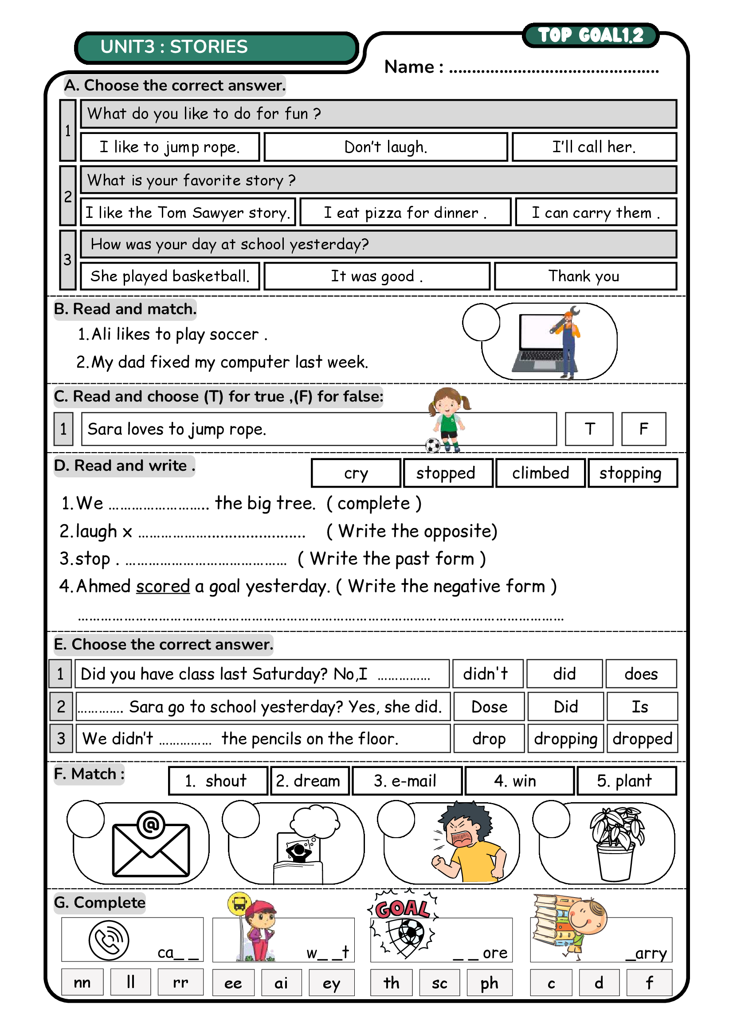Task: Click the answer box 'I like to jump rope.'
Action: pos(170,147)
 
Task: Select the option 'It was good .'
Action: pos(376,276)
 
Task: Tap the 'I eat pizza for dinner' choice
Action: pos(405,212)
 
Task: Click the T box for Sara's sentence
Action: pos(589,429)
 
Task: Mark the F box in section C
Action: pos(643,429)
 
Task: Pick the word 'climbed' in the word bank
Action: pos(540,473)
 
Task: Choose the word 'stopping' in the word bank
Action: pos(632,473)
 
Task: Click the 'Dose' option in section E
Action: pos(489,706)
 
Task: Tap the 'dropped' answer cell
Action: pos(642,739)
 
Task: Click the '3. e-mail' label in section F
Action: pos(406,780)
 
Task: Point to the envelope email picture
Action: pos(151,844)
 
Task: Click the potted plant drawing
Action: pos(615,843)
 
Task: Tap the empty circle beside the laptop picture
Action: pos(481,322)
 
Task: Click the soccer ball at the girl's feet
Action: pos(433,445)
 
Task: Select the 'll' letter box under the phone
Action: pos(130,982)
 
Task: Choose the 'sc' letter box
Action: pos(439,982)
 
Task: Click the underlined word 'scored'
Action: pos(163,587)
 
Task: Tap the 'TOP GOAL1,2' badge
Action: pos(590,35)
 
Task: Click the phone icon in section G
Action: pos(109,941)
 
